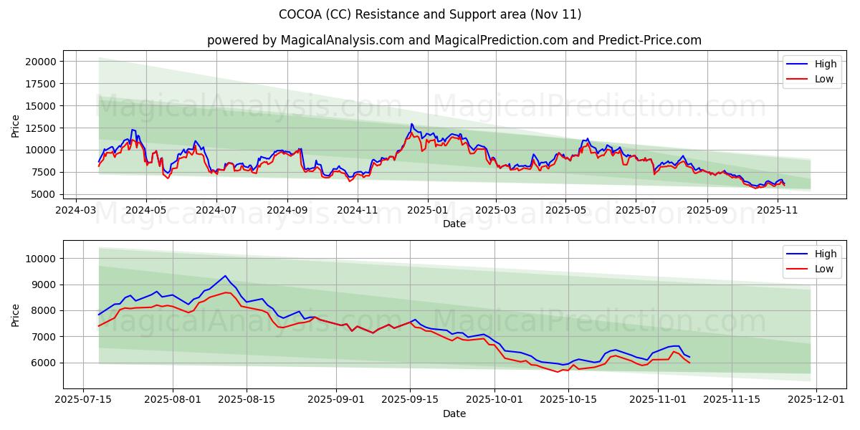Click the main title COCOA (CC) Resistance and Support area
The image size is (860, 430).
click(430, 14)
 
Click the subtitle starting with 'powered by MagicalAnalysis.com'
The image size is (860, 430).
click(454, 40)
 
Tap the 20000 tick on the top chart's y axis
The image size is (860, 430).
click(40, 62)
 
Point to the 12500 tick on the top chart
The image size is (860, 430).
click(40, 128)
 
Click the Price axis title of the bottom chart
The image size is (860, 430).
click(16, 315)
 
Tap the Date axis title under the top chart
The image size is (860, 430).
click(454, 224)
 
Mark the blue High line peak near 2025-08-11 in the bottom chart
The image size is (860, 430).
click(225, 276)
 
